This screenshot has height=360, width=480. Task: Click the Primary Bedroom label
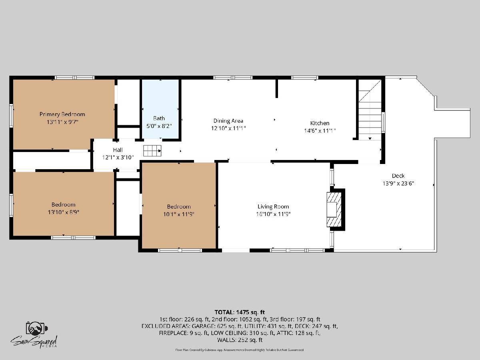pyautogui.click(x=62, y=114)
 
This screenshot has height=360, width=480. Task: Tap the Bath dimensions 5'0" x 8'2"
pyautogui.click(x=159, y=126)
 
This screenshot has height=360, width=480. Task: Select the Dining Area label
pyautogui.click(x=228, y=121)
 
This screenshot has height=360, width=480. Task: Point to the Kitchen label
pyautogui.click(x=320, y=123)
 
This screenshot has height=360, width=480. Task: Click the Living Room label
pyautogui.click(x=273, y=206)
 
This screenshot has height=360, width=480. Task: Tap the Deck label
pyautogui.click(x=398, y=176)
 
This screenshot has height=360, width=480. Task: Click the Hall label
pyautogui.click(x=118, y=150)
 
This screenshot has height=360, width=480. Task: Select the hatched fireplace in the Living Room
pyautogui.click(x=334, y=210)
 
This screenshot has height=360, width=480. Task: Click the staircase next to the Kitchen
pyautogui.click(x=370, y=110)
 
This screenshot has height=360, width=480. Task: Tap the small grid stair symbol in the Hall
pyautogui.click(x=152, y=151)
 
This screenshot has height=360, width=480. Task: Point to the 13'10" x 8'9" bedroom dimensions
pyautogui.click(x=64, y=212)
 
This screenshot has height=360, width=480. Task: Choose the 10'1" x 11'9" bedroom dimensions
pyautogui.click(x=179, y=214)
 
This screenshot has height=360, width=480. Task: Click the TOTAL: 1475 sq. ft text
pyautogui.click(x=240, y=312)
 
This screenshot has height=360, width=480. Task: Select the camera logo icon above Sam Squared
pyautogui.click(x=37, y=328)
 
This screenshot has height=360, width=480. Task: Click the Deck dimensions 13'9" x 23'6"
pyautogui.click(x=398, y=183)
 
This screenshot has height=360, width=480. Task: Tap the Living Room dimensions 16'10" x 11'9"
pyautogui.click(x=273, y=214)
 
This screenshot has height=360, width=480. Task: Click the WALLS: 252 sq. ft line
pyautogui.click(x=240, y=340)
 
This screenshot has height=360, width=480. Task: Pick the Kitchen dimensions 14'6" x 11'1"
pyautogui.click(x=320, y=131)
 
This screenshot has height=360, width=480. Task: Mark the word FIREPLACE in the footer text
pyautogui.click(x=172, y=333)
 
